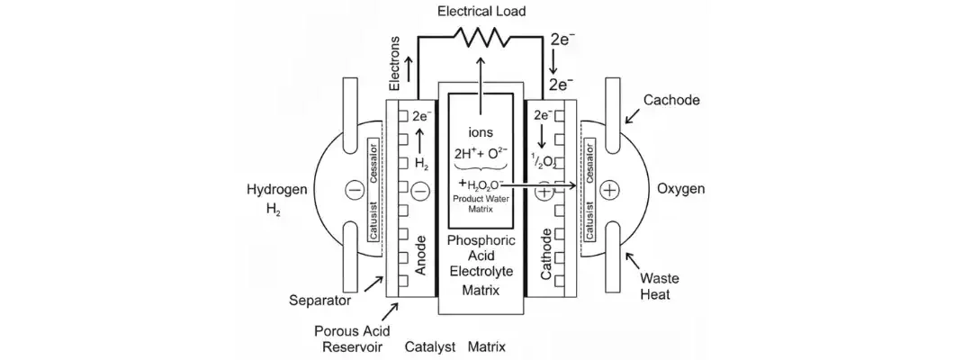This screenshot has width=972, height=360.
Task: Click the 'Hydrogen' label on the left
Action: (x=275, y=190)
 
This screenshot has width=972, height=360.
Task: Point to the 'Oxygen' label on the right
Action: (x=680, y=190)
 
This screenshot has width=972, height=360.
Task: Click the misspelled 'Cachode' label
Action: (x=671, y=100)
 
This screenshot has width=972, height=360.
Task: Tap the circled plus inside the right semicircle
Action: (x=611, y=190)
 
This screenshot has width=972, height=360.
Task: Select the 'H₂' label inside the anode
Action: (x=420, y=164)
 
